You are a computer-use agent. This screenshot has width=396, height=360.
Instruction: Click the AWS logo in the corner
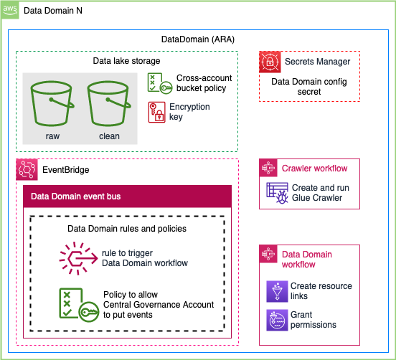pos(10,10)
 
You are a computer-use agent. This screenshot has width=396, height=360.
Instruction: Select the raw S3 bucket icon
pos(52,103)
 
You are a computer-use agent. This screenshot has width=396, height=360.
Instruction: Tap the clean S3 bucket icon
pos(109,103)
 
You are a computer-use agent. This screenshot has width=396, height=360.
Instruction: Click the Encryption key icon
pos(157,112)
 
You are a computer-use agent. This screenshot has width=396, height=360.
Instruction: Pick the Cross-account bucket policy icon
pos(160,83)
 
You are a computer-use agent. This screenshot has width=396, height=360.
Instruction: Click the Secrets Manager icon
pos(270,62)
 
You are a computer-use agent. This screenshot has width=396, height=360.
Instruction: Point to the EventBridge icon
pos(27,169)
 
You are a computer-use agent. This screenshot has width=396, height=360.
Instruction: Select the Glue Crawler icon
pos(277,193)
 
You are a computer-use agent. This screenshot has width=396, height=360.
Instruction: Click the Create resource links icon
pos(277,291)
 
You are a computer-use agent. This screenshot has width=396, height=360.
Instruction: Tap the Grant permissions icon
pos(277,320)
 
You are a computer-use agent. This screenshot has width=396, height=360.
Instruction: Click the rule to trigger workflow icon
pos(78,258)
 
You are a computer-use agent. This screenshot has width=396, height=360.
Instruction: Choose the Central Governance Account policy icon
pos(79,305)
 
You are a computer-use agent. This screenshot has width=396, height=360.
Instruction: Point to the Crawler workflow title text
pos(314,169)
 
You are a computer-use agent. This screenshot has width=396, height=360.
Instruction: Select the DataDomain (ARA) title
pos(198,39)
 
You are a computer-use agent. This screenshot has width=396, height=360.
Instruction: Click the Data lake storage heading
pos(126,61)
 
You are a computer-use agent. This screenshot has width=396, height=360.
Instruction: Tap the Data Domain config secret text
pos(309,87)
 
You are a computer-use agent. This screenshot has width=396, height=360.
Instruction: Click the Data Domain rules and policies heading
pos(127,229)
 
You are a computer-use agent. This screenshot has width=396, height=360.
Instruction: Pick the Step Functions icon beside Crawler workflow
pos(268,168)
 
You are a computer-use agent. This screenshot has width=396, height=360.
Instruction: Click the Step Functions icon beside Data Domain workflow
pos(268,254)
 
